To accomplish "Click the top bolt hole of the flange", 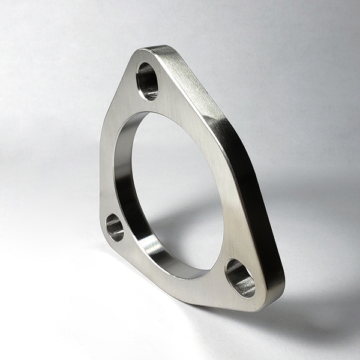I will click(148, 81).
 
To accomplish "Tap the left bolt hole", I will click(115, 227).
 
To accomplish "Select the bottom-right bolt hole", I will click(240, 278).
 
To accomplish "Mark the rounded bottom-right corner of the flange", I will click(264, 303).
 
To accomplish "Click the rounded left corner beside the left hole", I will click(103, 231).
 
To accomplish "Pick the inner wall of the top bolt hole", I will click(144, 84).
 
